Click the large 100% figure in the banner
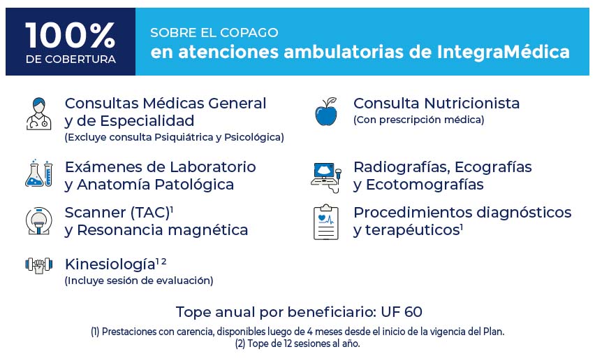pos(71,35)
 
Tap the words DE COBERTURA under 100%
pos(71,59)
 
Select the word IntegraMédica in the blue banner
pos(504,52)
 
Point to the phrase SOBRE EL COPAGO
pos(214,33)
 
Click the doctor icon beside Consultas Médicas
pos(38,113)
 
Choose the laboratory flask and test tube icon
pos(38,174)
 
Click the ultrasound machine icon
pos(326,178)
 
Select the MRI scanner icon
pos(38,221)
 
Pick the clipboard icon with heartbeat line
pos(326,222)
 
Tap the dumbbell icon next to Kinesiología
pos(38,265)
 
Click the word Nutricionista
pos(471,104)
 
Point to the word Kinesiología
pos(110,264)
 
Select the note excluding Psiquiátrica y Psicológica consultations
pos(174,137)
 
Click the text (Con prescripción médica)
pos(418,120)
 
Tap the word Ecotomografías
pos(425,185)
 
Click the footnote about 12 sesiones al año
pos(297,344)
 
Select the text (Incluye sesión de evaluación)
pos(139,281)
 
